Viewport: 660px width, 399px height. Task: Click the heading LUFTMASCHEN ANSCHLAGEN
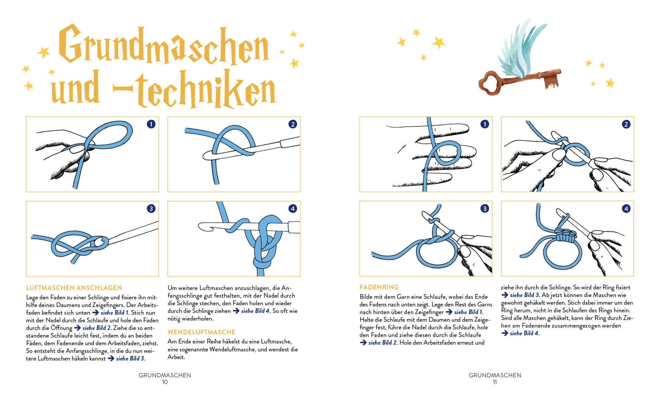click(x=74, y=288)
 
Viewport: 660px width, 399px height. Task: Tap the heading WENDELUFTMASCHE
click(x=201, y=332)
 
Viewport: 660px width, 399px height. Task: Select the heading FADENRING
click(x=379, y=287)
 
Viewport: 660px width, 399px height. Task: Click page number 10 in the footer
click(x=165, y=382)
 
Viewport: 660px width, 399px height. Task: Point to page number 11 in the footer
click(x=495, y=382)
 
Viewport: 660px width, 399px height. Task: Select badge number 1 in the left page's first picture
click(x=151, y=124)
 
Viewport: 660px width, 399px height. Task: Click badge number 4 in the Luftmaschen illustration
click(x=293, y=208)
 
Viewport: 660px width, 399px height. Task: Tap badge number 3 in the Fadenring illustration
click(x=484, y=208)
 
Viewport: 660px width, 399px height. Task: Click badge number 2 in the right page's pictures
click(x=626, y=124)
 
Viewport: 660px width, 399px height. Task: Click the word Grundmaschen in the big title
click(x=163, y=46)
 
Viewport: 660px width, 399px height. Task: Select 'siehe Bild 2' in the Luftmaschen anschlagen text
click(x=97, y=328)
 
